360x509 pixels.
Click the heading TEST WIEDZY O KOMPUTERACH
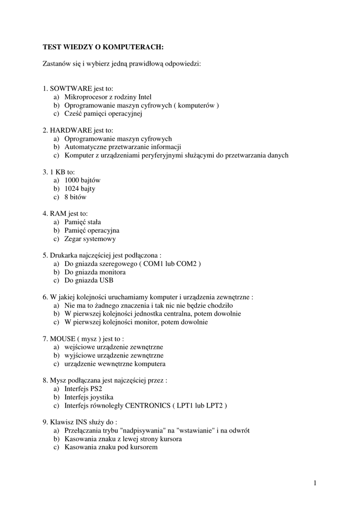[x=103, y=47]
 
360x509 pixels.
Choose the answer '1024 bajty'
[x=80, y=189]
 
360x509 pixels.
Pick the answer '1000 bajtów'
[x=82, y=180]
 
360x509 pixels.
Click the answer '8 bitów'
[x=75, y=197]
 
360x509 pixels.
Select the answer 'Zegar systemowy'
[x=90, y=239]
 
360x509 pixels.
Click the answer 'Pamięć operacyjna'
[x=91, y=231]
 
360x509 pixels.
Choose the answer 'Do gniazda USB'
[x=89, y=281]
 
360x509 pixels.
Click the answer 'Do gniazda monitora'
[x=94, y=272]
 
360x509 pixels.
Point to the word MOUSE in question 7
[x=62, y=339]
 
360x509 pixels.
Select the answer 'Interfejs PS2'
[x=83, y=389]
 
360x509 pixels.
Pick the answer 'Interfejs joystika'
[x=89, y=398]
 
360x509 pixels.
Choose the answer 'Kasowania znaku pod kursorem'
[x=111, y=447]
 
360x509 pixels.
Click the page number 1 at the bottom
[x=315, y=483]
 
